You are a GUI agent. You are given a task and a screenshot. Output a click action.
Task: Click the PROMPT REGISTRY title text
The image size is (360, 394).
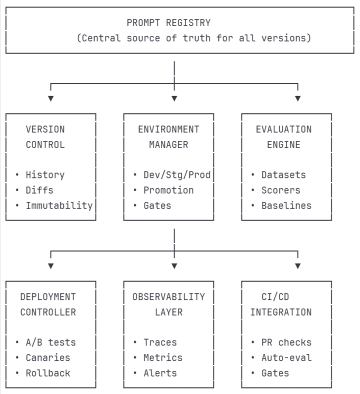(x=168, y=23)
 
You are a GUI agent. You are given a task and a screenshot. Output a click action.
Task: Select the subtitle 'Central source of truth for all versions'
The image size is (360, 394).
(x=194, y=38)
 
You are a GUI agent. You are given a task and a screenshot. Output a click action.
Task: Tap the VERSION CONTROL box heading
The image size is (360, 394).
(x=45, y=137)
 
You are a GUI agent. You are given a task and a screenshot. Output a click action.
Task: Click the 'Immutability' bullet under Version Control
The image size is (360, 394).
(x=59, y=205)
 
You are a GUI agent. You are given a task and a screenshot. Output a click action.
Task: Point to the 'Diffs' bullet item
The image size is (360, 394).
(x=39, y=190)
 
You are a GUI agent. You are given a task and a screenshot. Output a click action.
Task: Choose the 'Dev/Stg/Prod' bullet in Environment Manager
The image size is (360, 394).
(x=177, y=175)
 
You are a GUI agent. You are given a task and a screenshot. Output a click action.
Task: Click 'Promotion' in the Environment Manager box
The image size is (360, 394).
(x=168, y=190)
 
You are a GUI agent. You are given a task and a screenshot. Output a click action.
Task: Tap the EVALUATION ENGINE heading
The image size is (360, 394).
(x=284, y=137)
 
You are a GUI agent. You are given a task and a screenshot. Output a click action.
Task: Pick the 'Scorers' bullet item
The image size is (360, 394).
(x=281, y=190)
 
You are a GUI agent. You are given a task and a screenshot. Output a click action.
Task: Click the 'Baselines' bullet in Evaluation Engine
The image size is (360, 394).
(x=286, y=205)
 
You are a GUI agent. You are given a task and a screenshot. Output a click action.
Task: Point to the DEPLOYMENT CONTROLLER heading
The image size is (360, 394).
(x=48, y=304)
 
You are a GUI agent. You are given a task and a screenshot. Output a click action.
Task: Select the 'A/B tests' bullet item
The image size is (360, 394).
(x=51, y=342)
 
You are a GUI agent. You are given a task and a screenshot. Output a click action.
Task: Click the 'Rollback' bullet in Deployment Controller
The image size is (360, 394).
(x=48, y=373)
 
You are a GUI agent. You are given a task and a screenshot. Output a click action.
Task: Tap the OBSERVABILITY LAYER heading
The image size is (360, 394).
(x=168, y=304)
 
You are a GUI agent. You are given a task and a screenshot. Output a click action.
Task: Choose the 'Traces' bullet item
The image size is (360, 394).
(x=159, y=342)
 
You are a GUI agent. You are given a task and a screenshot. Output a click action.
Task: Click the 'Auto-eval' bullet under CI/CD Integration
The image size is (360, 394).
(x=286, y=357)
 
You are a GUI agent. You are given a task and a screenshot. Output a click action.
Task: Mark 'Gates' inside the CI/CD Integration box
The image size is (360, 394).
(x=275, y=373)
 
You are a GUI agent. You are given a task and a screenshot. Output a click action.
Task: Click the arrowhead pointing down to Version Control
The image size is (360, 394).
(x=51, y=99)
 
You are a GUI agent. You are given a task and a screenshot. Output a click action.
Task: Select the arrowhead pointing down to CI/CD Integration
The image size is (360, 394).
(x=298, y=266)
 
